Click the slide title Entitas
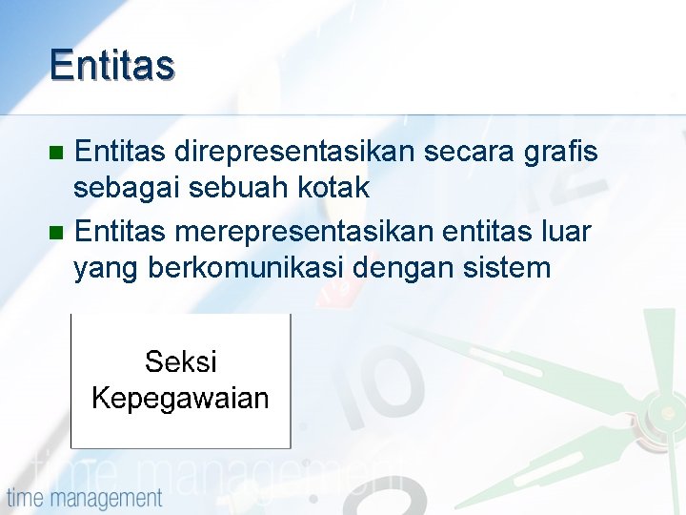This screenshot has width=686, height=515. tap(112, 65)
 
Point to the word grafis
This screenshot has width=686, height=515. tap(562, 151)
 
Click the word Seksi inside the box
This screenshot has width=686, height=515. tap(180, 362)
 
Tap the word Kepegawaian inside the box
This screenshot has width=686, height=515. tap(180, 398)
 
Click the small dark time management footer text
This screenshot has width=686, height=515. tap(85, 498)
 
